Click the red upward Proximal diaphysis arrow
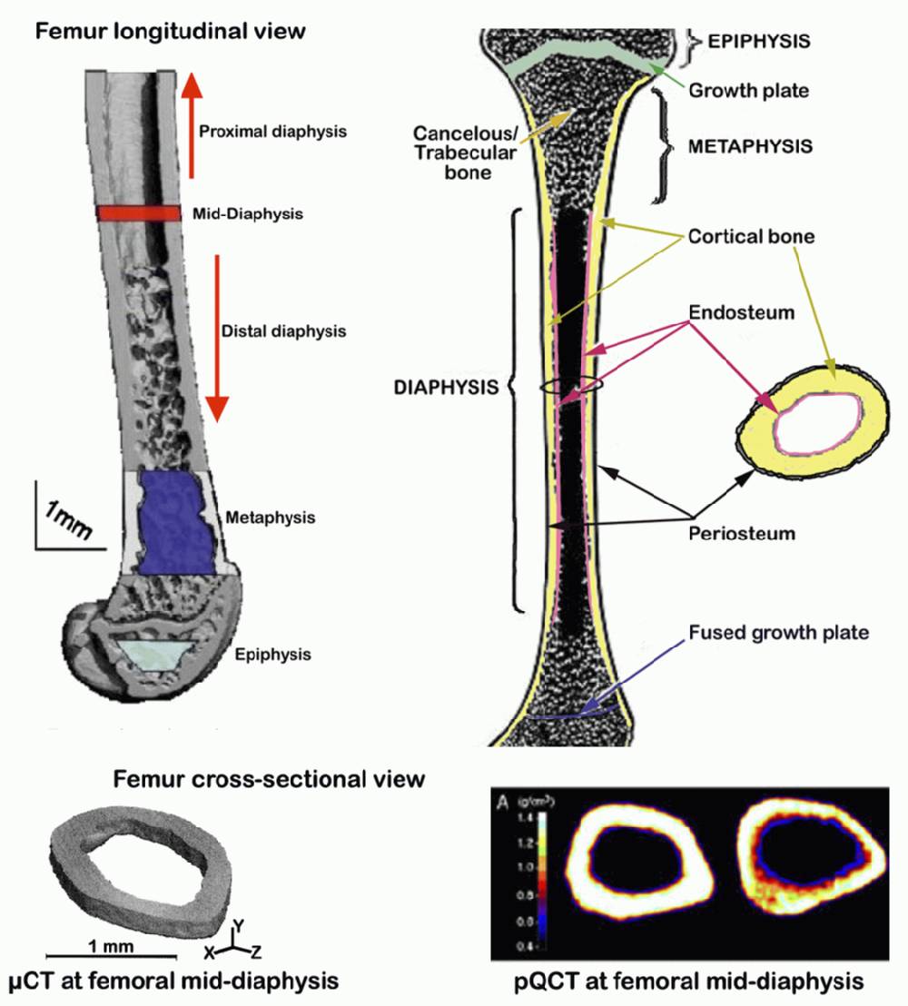pyautogui.click(x=191, y=127)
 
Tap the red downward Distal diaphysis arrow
pyautogui.click(x=216, y=336)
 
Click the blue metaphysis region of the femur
pyautogui.click(x=177, y=523)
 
